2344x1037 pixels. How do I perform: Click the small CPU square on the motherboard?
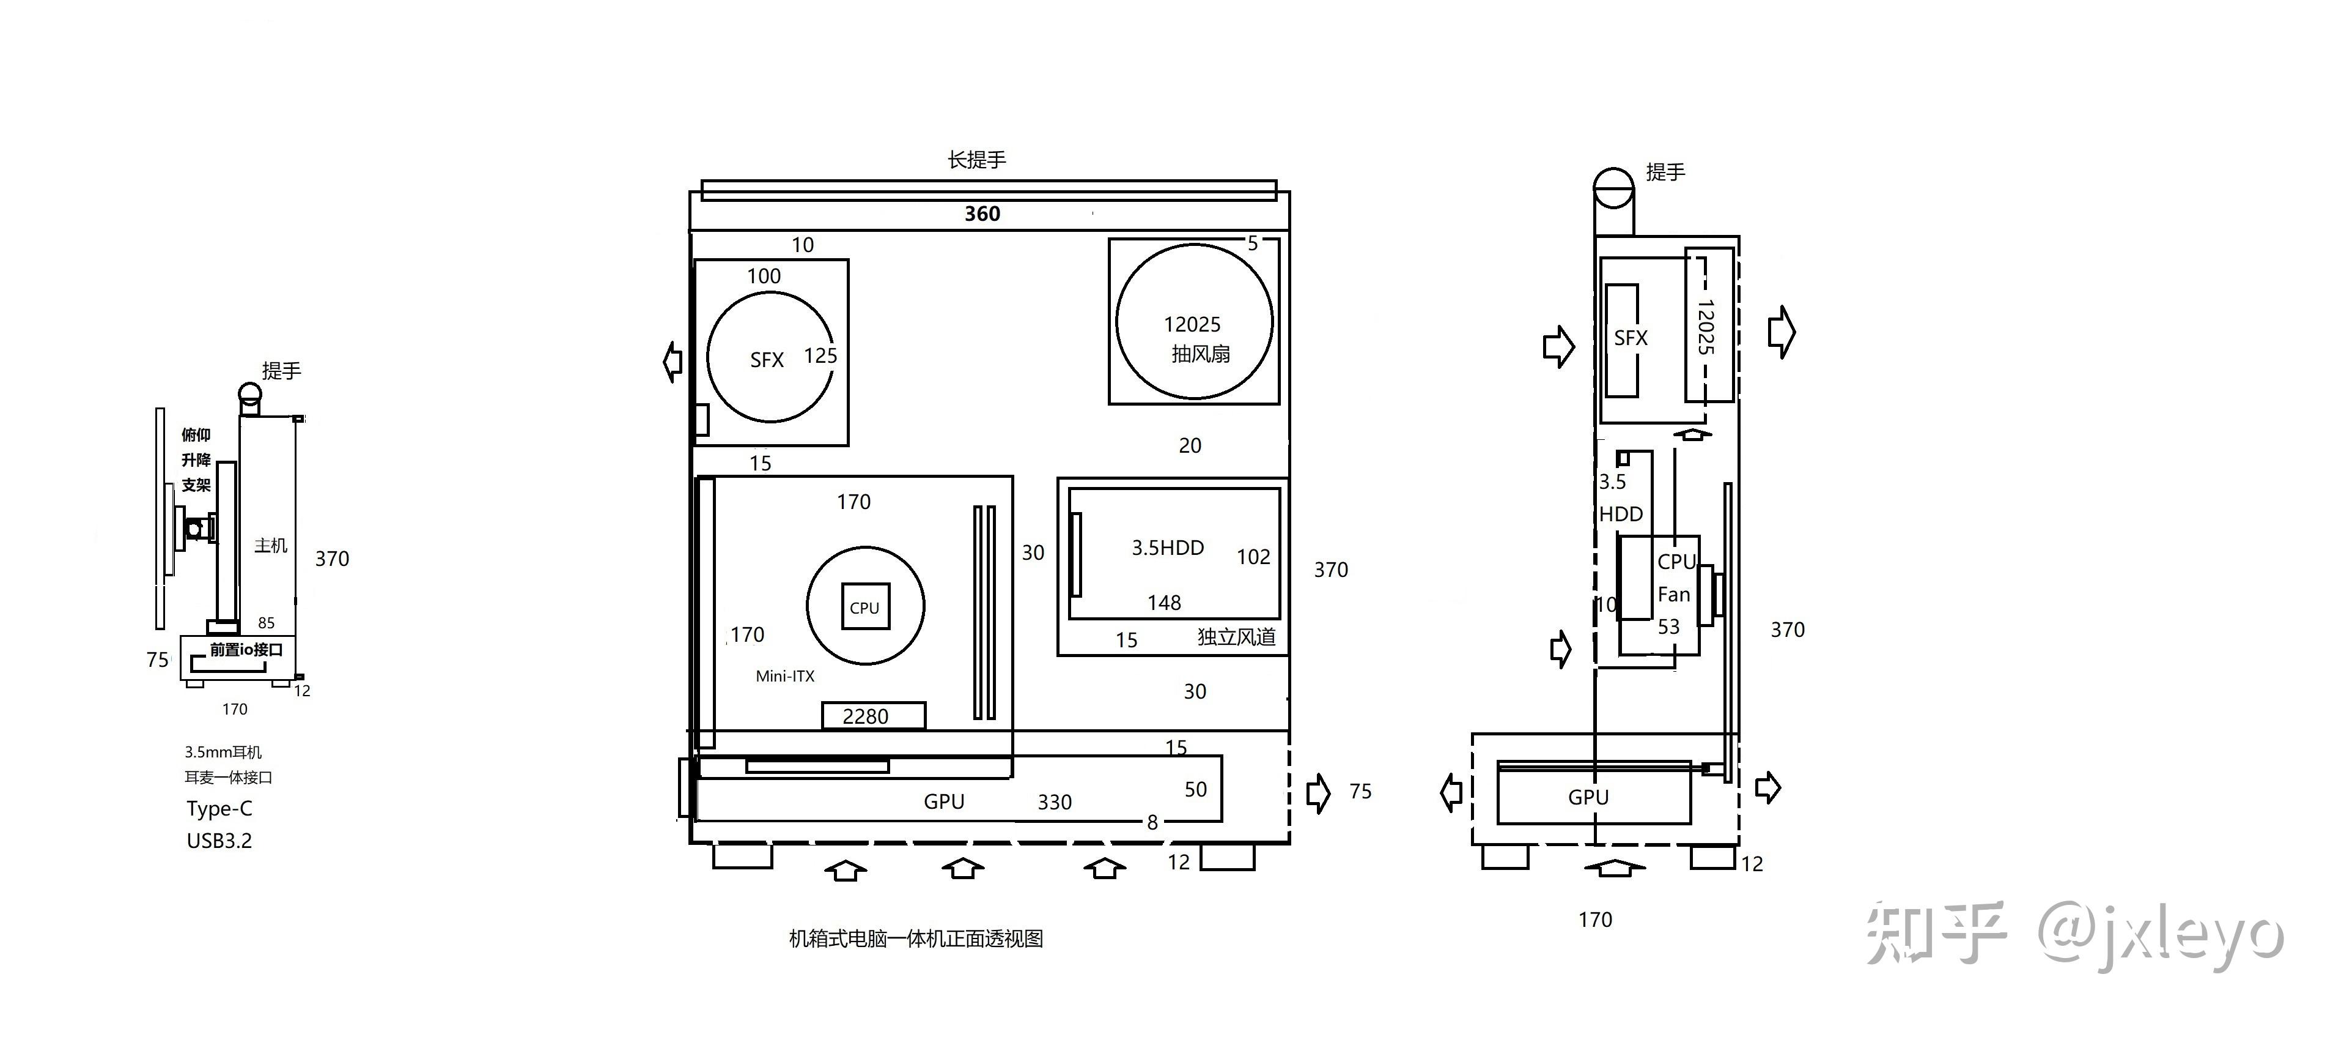click(x=864, y=606)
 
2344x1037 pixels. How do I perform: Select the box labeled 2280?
click(x=874, y=716)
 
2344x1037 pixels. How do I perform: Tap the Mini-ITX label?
click(x=785, y=675)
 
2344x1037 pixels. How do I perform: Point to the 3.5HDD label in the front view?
click(x=1168, y=547)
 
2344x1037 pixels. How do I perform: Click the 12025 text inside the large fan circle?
click(x=1192, y=324)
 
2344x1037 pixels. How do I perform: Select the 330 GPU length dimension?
click(x=1055, y=802)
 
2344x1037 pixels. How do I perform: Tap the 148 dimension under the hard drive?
click(x=1164, y=603)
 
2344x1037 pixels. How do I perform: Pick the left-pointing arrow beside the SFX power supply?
click(x=673, y=362)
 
